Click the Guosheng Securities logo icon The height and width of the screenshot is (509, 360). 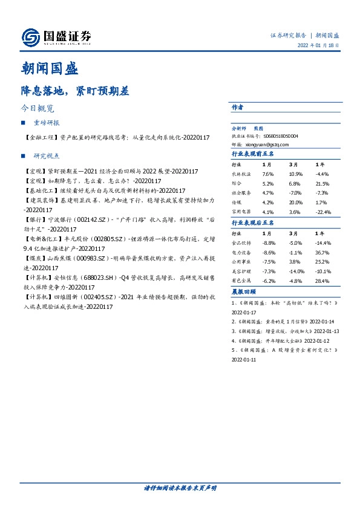pyautogui.click(x=31, y=37)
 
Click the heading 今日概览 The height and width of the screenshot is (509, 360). pyautogui.click(x=38, y=109)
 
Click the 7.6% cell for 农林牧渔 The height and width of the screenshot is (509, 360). pyautogui.click(x=268, y=174)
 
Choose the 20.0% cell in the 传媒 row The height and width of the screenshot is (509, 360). pyautogui.click(x=295, y=203)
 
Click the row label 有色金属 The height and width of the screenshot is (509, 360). pyautogui.click(x=241, y=281)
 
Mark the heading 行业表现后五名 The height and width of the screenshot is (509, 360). pyautogui.click(x=253, y=223)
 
